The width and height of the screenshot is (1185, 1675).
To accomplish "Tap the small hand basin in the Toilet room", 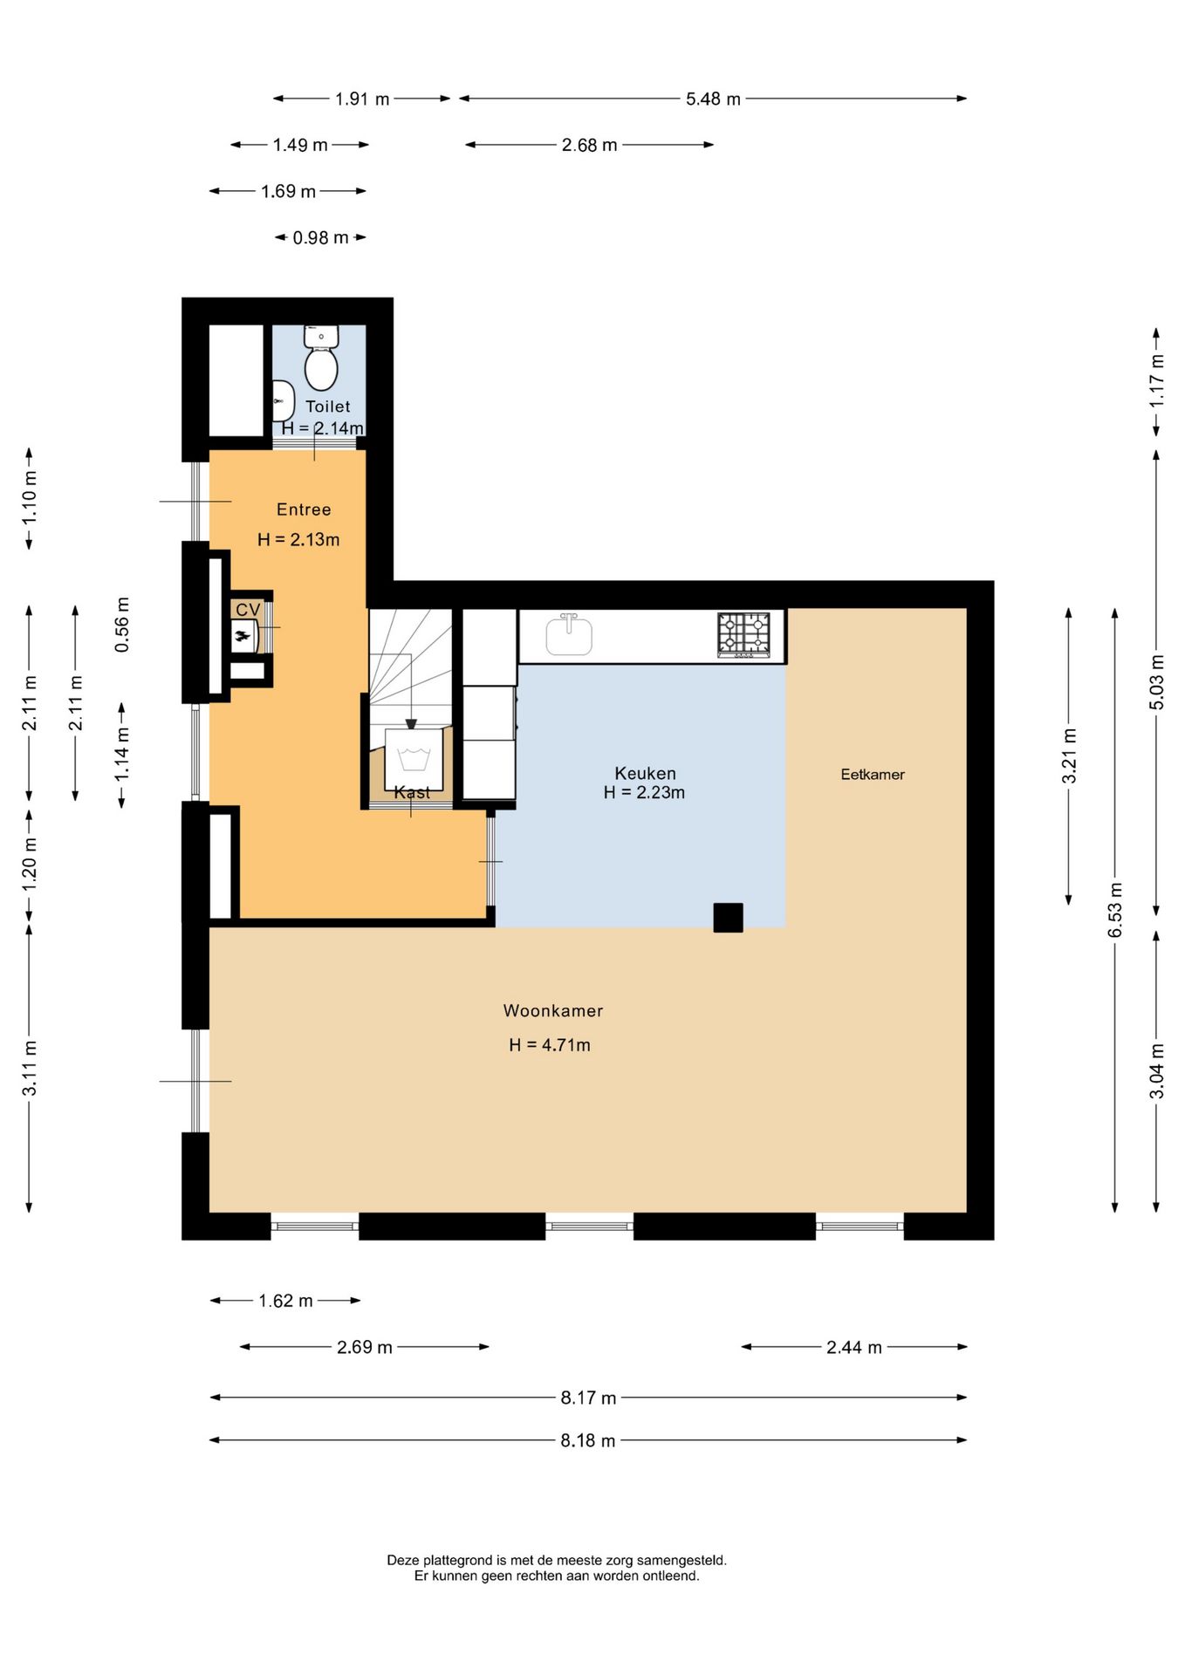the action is pos(282,401).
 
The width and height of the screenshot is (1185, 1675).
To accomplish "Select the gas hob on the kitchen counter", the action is pos(743,634).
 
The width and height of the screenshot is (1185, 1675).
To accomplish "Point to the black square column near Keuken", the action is pos(728,918).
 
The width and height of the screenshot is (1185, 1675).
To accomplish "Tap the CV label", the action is pos(248,610).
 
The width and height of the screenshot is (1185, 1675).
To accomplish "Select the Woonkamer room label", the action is pos(553,1010).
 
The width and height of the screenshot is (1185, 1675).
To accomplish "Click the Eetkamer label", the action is pos(873,774).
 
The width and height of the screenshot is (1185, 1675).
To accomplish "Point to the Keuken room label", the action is pos(645,773).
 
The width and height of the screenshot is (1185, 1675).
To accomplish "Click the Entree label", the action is pos(304,509).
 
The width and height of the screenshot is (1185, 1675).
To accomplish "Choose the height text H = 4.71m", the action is pos(550,1044).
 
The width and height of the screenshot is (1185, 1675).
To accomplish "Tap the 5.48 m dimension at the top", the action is pos(713,99).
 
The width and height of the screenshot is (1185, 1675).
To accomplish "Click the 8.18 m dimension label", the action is pos(588,1440).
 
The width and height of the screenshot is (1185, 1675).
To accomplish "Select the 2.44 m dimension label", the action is pos(854,1347).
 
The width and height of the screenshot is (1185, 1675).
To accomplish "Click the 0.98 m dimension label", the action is pos(320,237).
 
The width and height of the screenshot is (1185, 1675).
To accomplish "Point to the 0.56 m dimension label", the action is pos(122,625).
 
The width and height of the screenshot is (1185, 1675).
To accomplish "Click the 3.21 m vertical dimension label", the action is pos(1069,755).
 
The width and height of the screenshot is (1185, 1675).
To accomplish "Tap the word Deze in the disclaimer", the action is pos(403,1560).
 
